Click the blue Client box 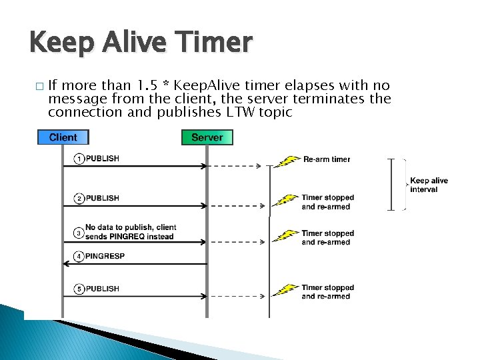pyautogui.click(x=63, y=137)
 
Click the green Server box pyautogui.click(x=207, y=137)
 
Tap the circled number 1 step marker pyautogui.click(x=79, y=159)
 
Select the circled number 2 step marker pyautogui.click(x=79, y=198)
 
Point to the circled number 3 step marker pyautogui.click(x=79, y=232)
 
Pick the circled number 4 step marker pyautogui.click(x=79, y=256)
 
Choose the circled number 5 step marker pyautogui.click(x=79, y=289)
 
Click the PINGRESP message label pyautogui.click(x=105, y=256)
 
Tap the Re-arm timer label pyautogui.click(x=327, y=159)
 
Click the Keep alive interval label pyautogui.click(x=429, y=185)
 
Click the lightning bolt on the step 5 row pyautogui.click(x=287, y=290)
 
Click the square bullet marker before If pyautogui.click(x=39, y=87)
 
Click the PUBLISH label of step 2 pyautogui.click(x=103, y=198)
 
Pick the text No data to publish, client pyautogui.click(x=131, y=227)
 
